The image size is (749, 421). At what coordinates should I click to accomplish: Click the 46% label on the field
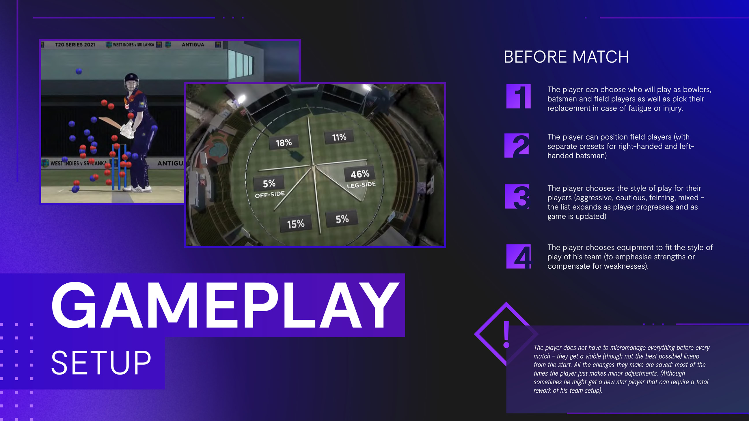tap(360, 174)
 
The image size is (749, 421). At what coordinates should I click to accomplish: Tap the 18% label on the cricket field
tap(284, 143)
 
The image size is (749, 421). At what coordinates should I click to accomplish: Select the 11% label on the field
tap(339, 137)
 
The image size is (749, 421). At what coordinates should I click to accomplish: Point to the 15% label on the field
tap(296, 224)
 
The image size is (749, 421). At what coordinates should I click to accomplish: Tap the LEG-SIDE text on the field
tap(361, 185)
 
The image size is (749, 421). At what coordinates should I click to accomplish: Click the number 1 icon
tap(518, 96)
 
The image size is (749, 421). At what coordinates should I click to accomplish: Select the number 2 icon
tap(517, 145)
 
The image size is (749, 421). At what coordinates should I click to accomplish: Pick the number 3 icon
tap(517, 197)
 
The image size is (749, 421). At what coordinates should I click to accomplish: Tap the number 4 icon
tap(518, 257)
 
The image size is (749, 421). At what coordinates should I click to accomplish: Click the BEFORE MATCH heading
tap(567, 57)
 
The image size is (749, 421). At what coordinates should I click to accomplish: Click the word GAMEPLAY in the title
tap(225, 305)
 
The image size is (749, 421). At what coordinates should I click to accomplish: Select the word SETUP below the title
tap(101, 363)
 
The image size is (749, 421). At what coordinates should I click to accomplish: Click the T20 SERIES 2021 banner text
tap(75, 45)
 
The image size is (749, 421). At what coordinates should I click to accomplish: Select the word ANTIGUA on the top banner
tap(193, 45)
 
